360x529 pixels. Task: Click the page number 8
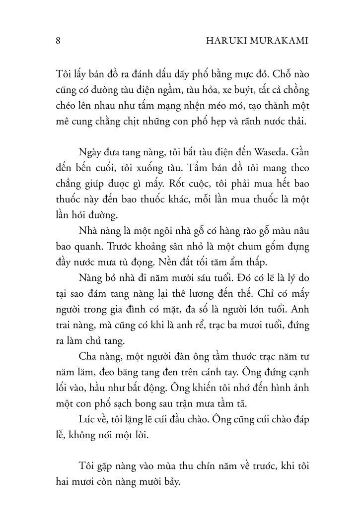point(58,42)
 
